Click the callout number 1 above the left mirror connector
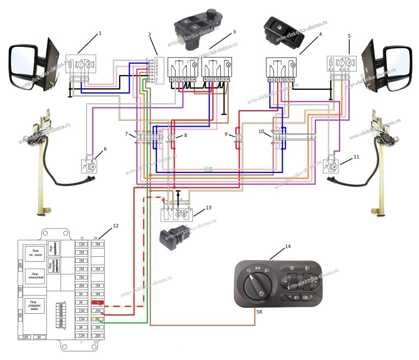(99, 33)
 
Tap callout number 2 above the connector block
(150, 35)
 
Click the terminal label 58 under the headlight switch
(259, 312)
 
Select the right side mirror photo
(387, 61)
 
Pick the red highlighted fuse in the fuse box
(97, 304)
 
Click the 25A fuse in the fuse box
(97, 311)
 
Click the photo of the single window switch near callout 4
(283, 31)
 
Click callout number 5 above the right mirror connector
(349, 36)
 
